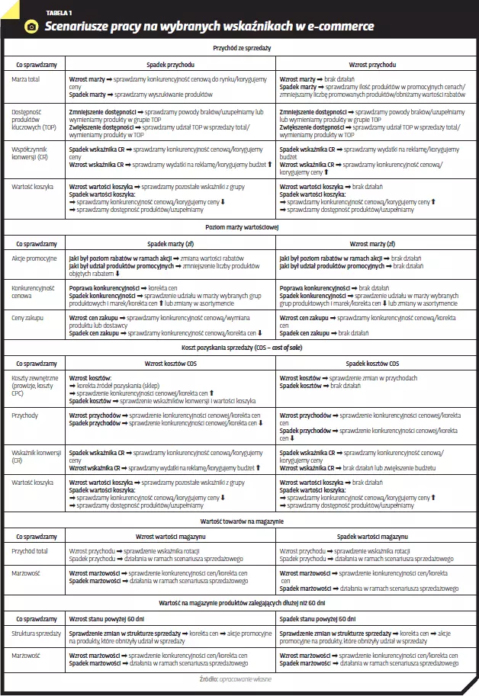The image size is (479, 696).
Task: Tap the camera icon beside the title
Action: click(31, 27)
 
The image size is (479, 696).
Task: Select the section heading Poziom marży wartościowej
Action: click(241, 227)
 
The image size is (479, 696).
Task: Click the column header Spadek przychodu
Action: click(171, 65)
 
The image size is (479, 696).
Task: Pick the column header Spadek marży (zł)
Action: click(171, 244)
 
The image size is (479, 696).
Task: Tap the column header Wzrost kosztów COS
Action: click(171, 364)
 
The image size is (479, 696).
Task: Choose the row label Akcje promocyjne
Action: click(34, 258)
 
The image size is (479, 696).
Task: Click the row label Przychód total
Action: click(31, 550)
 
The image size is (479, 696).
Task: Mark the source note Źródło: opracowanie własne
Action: click(241, 678)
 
